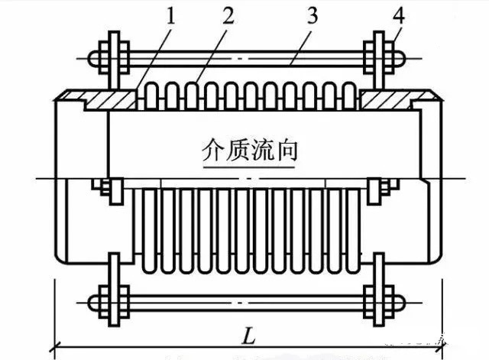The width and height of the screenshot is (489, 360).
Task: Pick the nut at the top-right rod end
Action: pos(395,57)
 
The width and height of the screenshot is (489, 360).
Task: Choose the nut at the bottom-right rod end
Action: pos(395,297)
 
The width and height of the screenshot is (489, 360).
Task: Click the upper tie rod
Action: pos(244,57)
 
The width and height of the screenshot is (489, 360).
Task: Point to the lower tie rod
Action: pos(244,297)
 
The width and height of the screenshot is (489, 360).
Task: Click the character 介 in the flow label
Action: pos(211,148)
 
